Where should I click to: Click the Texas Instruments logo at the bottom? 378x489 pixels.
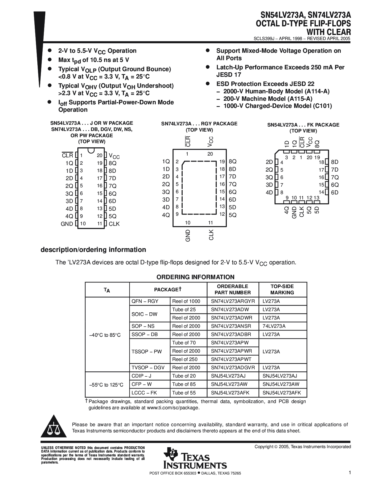[x=194, y=458]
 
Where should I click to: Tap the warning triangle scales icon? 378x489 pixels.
[x=53, y=427]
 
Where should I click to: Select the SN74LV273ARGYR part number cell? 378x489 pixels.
[x=233, y=301]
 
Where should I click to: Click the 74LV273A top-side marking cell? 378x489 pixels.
[x=274, y=326]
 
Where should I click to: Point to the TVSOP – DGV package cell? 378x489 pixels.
[x=148, y=367]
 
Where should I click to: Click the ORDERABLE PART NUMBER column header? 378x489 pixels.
[x=233, y=289]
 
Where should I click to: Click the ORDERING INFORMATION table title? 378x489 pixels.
[x=195, y=277]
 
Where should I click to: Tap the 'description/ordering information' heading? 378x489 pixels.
[x=93, y=250]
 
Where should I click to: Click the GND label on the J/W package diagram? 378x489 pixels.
[x=67, y=224]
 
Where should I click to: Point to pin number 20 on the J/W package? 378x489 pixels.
[x=100, y=155]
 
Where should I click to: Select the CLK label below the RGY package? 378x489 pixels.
[x=211, y=235]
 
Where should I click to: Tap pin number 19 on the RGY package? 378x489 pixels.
[x=222, y=162]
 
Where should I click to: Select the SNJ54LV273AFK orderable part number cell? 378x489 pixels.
[x=230, y=393]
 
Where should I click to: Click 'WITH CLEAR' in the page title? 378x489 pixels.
[x=328, y=32]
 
